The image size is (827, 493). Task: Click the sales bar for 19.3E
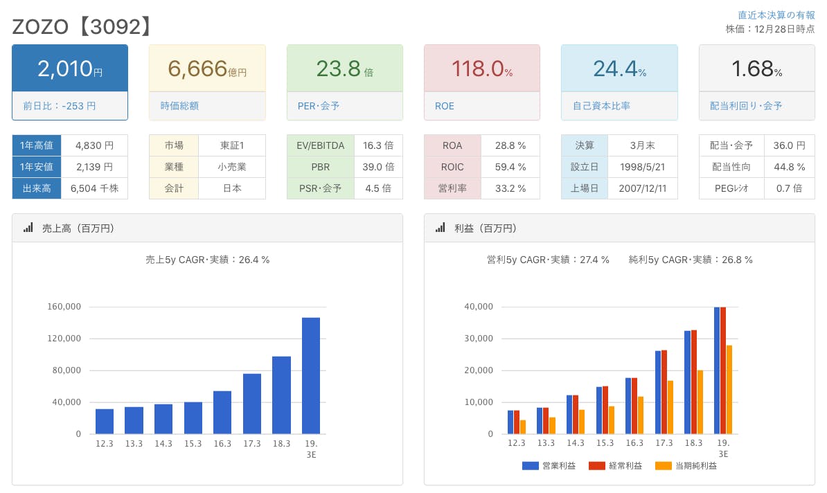(311, 375)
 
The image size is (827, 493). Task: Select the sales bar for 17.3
(252, 404)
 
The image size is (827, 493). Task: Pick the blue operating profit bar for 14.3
(569, 414)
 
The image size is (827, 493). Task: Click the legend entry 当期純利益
(686, 466)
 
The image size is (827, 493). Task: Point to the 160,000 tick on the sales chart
(64, 307)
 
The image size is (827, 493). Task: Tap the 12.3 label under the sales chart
(105, 444)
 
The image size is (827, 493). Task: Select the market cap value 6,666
(198, 68)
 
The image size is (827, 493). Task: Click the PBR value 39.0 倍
(378, 167)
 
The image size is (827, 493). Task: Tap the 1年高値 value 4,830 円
(94, 145)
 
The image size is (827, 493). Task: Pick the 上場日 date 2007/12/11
(642, 188)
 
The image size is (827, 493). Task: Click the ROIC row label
(452, 167)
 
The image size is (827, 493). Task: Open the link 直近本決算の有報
(776, 15)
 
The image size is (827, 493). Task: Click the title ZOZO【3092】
(82, 26)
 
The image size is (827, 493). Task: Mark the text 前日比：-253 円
(60, 106)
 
